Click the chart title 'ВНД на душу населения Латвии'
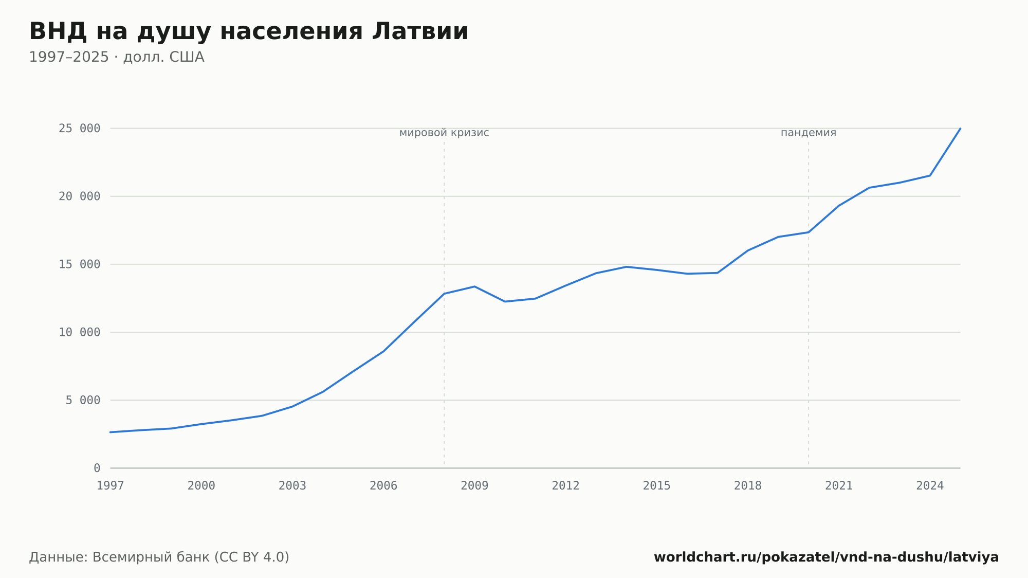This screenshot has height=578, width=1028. point(249,32)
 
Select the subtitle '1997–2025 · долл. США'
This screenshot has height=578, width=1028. point(117,57)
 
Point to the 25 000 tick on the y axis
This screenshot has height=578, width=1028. point(80,129)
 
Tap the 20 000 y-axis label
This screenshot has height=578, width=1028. point(80,196)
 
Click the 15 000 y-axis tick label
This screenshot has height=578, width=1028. point(80,264)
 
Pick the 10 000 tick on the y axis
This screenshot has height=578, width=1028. point(80,332)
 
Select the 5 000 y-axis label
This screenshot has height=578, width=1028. point(83,400)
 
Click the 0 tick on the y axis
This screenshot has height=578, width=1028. point(97,468)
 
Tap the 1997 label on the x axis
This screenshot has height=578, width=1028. point(111,486)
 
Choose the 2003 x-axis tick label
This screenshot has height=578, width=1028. point(292,486)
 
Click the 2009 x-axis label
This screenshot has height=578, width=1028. point(474,486)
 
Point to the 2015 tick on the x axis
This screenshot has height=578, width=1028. point(657,486)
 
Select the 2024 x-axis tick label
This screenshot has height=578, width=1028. point(930,486)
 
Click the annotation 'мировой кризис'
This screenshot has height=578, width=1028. point(444,133)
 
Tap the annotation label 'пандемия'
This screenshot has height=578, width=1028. point(809,133)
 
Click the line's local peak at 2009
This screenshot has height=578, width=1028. point(474,286)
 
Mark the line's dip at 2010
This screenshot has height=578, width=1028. point(505,301)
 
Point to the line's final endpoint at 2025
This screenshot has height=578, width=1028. point(960,129)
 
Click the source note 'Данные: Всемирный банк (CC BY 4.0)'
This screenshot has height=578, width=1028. point(159,557)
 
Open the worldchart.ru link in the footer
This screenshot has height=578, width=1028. point(827,557)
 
